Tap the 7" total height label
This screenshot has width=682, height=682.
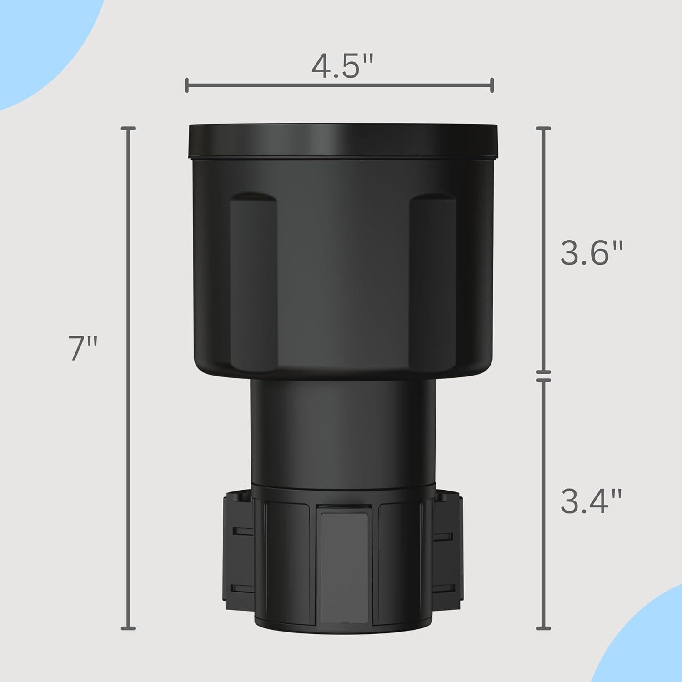pyautogui.click(x=83, y=349)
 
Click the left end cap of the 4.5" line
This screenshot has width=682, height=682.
pyautogui.click(x=187, y=85)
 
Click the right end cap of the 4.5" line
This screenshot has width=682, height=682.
pyautogui.click(x=492, y=85)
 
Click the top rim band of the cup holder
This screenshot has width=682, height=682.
pyautogui.click(x=343, y=141)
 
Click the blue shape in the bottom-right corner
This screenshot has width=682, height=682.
pyautogui.click(x=646, y=646)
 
